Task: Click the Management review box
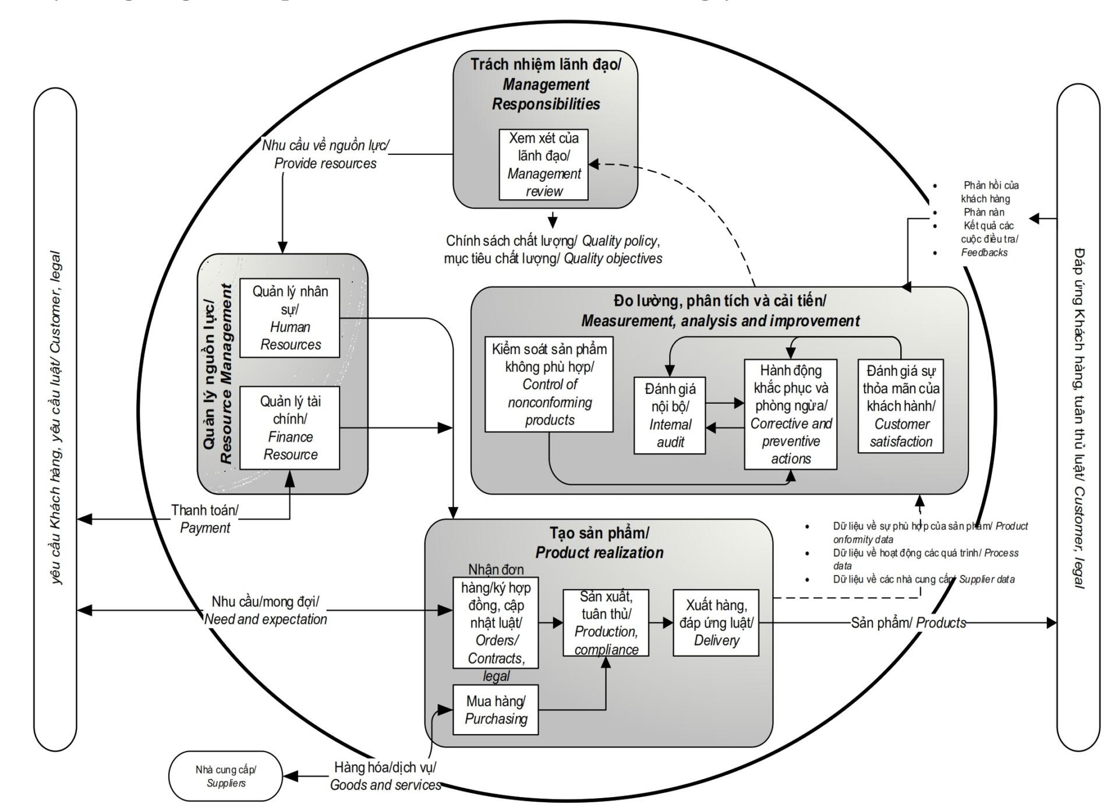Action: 543,165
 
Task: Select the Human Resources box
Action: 290,318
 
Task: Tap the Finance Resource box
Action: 290,428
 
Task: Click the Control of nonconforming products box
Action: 549,385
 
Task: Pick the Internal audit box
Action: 670,415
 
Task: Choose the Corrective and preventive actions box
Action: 790,414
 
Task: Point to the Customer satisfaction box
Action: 900,406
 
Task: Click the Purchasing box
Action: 496,710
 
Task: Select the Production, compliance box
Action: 606,623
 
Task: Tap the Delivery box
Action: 716,623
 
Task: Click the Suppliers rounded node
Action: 225,776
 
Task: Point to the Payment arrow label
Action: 205,519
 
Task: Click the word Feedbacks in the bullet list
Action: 984,253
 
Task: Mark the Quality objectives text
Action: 613,259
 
